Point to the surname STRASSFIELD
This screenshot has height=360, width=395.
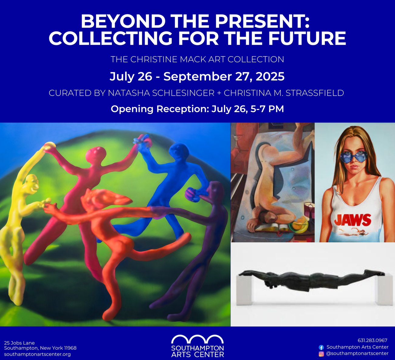coord(315,93)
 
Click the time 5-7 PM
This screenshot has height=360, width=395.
coord(267,109)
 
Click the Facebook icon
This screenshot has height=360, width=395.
coord(321,348)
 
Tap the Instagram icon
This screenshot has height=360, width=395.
coord(321,354)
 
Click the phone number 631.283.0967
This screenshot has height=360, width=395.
coord(373,340)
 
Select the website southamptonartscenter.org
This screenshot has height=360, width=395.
coord(37,355)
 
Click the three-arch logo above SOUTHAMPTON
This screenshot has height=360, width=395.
coord(197,339)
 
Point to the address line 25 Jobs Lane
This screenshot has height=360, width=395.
coord(19,343)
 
